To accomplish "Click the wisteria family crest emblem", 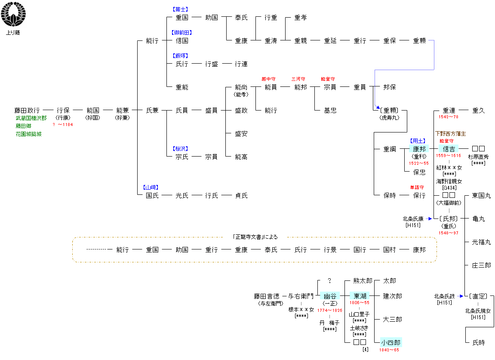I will (13, 15).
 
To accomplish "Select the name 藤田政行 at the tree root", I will (27, 111).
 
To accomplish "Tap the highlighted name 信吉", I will (449, 149).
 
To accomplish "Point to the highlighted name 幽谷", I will (329, 296).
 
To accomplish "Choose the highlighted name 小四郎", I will (390, 343).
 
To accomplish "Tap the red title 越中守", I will (268, 79).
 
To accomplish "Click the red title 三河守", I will (298, 79).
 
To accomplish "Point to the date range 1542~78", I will (448, 117).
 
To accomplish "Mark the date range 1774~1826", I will (330, 311).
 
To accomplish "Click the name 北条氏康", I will (413, 218).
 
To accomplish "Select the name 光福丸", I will (481, 242).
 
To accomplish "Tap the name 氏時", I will (478, 343).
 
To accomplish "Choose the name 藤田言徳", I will (266, 296).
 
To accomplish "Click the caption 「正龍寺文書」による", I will (255, 237).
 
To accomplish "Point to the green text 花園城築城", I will (29, 134).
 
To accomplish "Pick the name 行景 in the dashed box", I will (330, 249).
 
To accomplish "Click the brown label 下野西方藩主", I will (450, 134).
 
